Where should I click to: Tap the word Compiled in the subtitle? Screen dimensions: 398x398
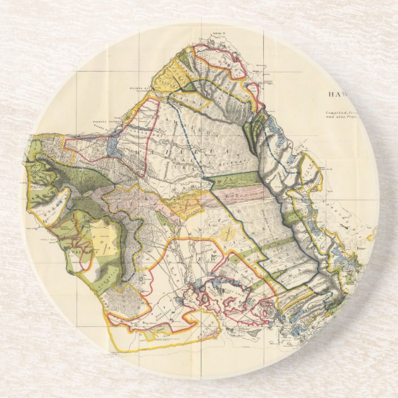(339, 112)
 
